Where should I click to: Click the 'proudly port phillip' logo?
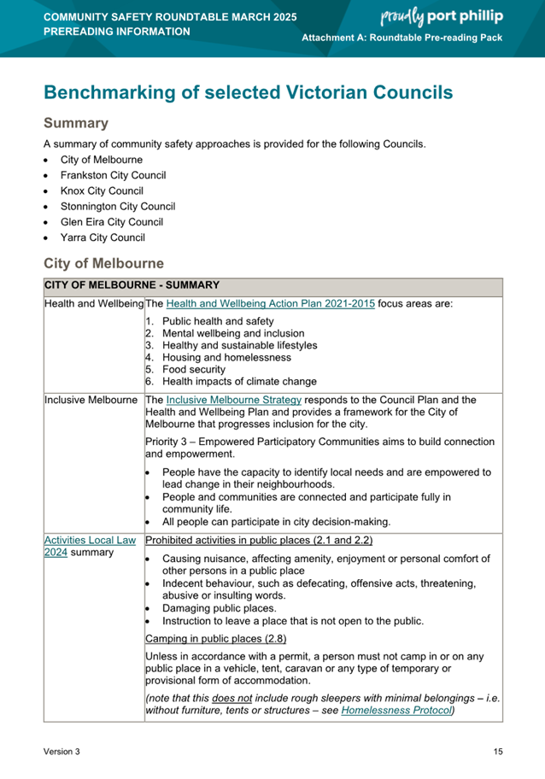click(x=441, y=16)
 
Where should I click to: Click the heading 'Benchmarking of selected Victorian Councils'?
click(x=248, y=92)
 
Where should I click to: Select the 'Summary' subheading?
click(x=76, y=124)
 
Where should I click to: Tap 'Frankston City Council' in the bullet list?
click(x=113, y=175)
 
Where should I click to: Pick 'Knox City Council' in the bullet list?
click(x=102, y=190)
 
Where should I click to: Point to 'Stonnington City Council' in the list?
click(x=117, y=206)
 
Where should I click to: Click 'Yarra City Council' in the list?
click(x=103, y=237)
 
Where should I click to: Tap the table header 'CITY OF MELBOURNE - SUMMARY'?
click(x=132, y=285)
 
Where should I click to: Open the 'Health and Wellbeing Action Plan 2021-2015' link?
click(x=270, y=303)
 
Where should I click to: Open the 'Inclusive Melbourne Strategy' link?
click(x=234, y=400)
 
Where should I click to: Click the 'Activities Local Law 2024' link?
click(x=89, y=541)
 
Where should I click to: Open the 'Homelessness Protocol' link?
click(x=396, y=710)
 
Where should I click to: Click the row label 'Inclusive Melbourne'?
click(x=91, y=400)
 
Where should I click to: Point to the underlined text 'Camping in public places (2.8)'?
click(x=216, y=638)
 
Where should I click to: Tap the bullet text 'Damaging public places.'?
click(x=219, y=608)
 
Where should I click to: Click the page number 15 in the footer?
click(x=498, y=752)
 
